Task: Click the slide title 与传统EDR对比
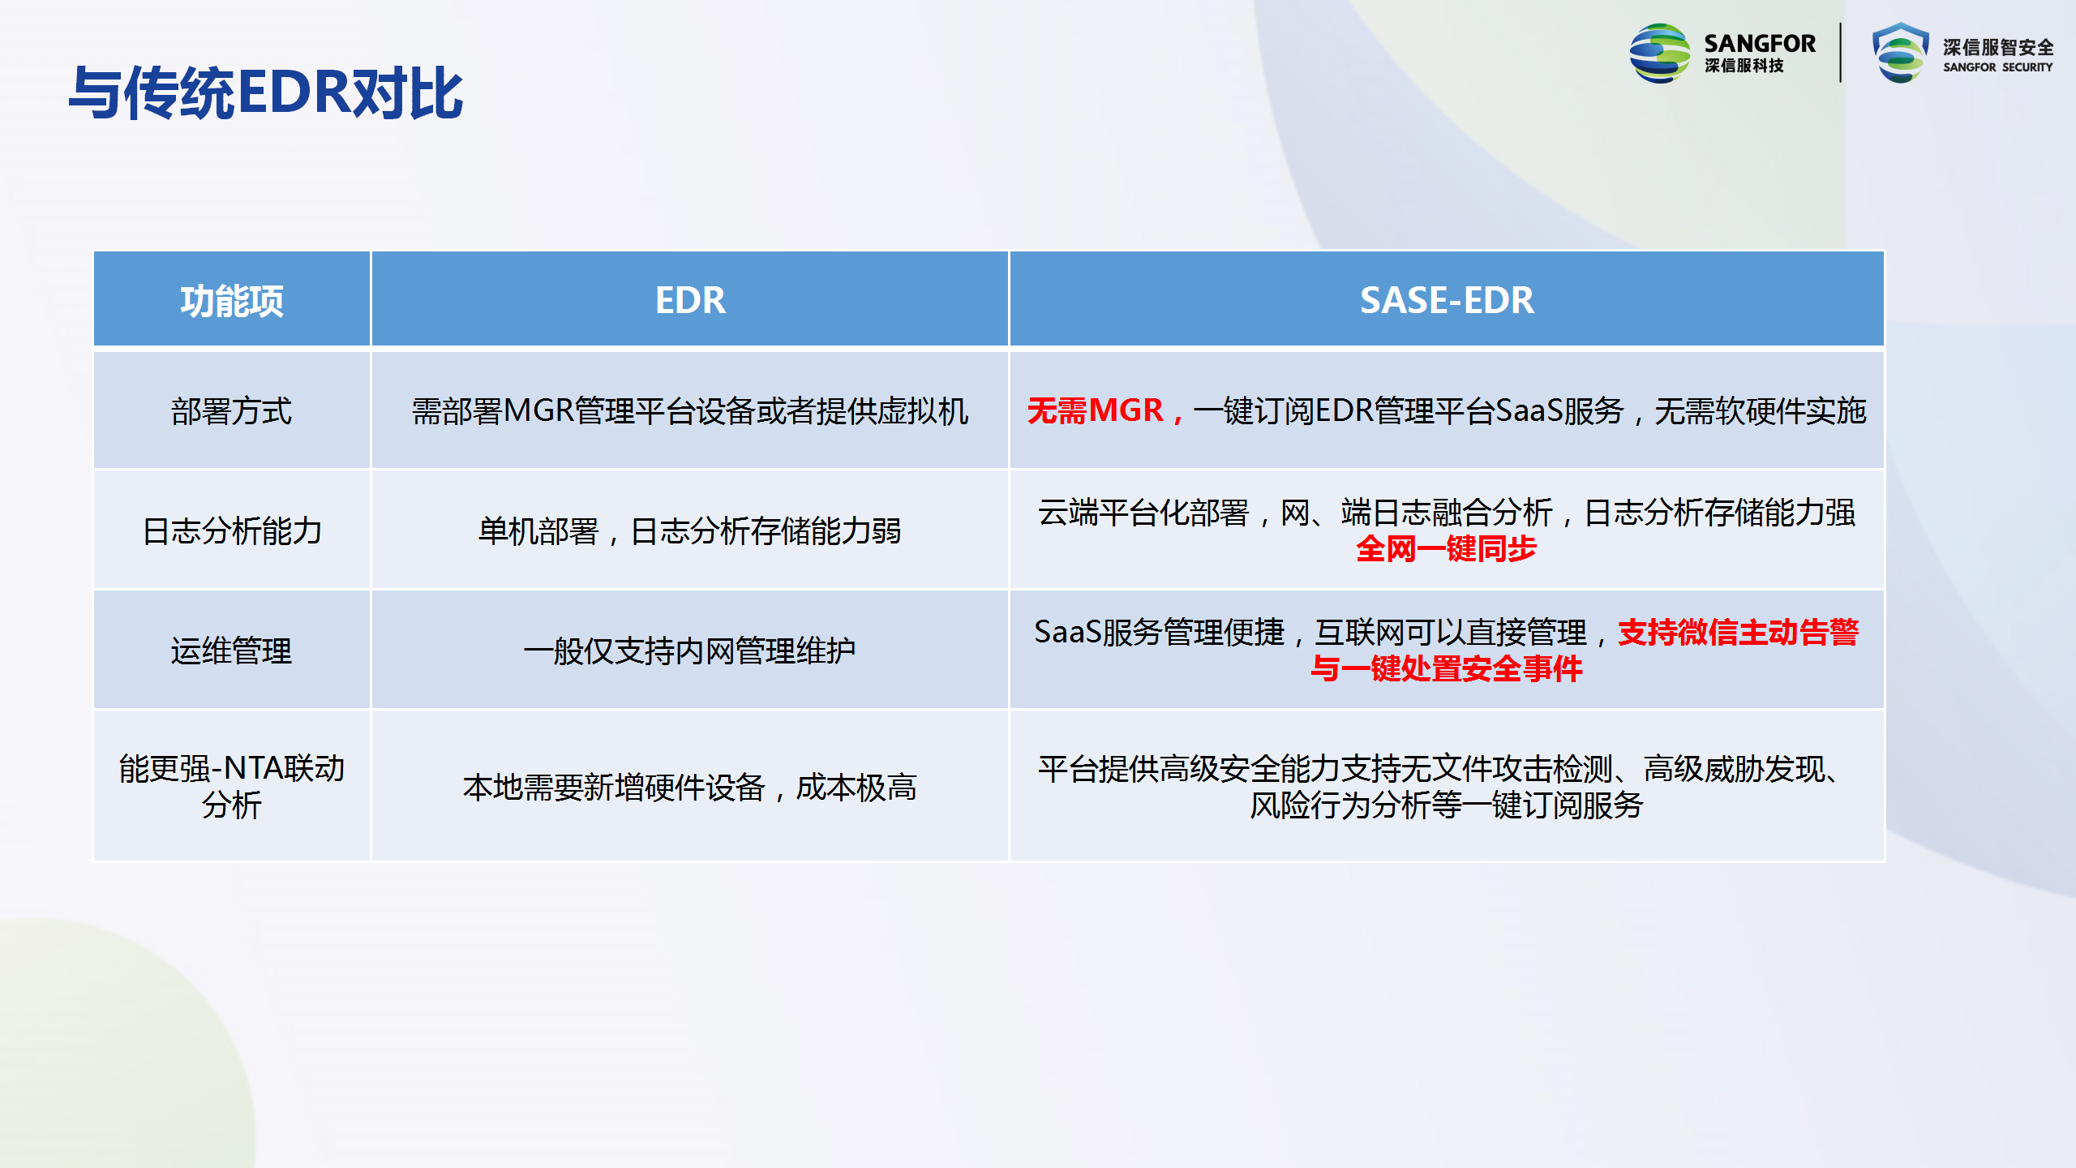click(266, 93)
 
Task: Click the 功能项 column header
click(232, 301)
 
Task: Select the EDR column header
click(690, 300)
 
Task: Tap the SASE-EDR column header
click(1447, 300)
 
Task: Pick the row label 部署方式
click(232, 411)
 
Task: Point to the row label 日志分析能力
click(232, 531)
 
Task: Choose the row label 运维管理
click(232, 651)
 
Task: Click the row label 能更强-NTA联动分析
click(232, 787)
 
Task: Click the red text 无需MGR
click(1095, 410)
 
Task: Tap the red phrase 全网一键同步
click(1447, 549)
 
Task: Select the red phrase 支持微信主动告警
click(1739, 633)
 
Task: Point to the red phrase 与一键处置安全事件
click(1447, 669)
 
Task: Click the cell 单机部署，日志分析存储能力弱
click(690, 531)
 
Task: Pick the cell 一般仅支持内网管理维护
click(690, 651)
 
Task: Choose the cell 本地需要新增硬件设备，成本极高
click(690, 787)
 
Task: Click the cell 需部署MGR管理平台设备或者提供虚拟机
click(690, 411)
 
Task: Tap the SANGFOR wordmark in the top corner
click(1760, 43)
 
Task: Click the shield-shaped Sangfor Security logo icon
click(1900, 53)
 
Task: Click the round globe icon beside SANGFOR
click(1660, 53)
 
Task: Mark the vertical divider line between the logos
click(1841, 53)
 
